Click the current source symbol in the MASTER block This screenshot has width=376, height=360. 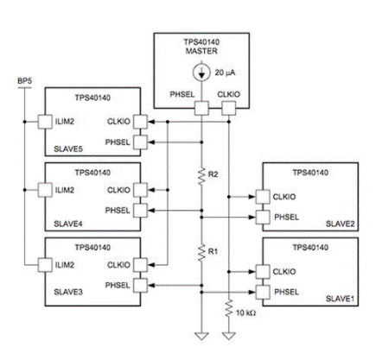pyautogui.click(x=201, y=73)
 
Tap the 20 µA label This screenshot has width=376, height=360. pyautogui.click(x=225, y=73)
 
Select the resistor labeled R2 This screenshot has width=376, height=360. pyautogui.click(x=201, y=176)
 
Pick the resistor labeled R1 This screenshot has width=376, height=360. pyautogui.click(x=201, y=253)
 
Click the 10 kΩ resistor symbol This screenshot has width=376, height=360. pyautogui.click(x=229, y=308)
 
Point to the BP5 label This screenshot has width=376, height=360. pyautogui.click(x=25, y=81)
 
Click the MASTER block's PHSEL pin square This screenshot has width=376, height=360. pyautogui.click(x=201, y=109)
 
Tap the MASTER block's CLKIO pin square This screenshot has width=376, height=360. pyautogui.click(x=229, y=109)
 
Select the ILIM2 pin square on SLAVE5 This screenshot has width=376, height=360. pyautogui.click(x=45, y=122)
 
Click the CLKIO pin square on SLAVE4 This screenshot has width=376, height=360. pyautogui.click(x=141, y=190)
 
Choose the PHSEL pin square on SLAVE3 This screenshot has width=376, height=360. pyautogui.click(x=141, y=286)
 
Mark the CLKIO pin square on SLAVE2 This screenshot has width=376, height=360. pyautogui.click(x=263, y=197)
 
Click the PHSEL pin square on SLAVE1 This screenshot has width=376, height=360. pyautogui.click(x=263, y=292)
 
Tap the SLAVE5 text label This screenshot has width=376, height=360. pyautogui.click(x=68, y=149)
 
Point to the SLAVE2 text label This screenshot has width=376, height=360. pyautogui.click(x=340, y=224)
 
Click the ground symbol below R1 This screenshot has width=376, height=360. pyautogui.click(x=201, y=336)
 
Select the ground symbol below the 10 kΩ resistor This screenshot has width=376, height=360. pyautogui.click(x=229, y=336)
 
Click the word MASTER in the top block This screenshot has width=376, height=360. pyautogui.click(x=201, y=51)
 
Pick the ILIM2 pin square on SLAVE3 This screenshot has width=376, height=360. pyautogui.click(x=45, y=265)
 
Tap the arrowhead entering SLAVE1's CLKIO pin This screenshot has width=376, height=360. pyautogui.click(x=252, y=271)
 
